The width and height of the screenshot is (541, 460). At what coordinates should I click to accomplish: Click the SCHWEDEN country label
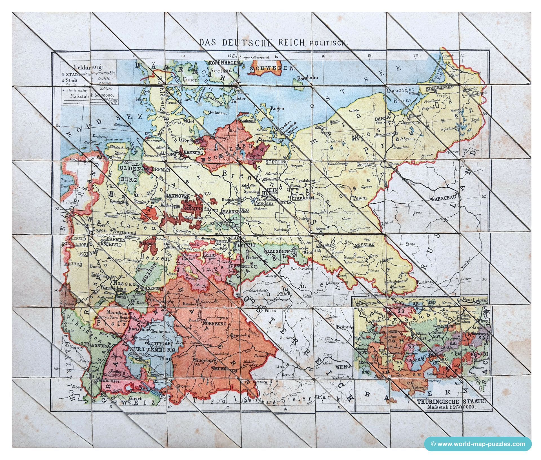click(272, 68)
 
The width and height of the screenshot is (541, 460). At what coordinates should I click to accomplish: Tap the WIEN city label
click(341, 367)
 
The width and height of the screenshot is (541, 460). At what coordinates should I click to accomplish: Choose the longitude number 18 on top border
click(369, 56)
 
